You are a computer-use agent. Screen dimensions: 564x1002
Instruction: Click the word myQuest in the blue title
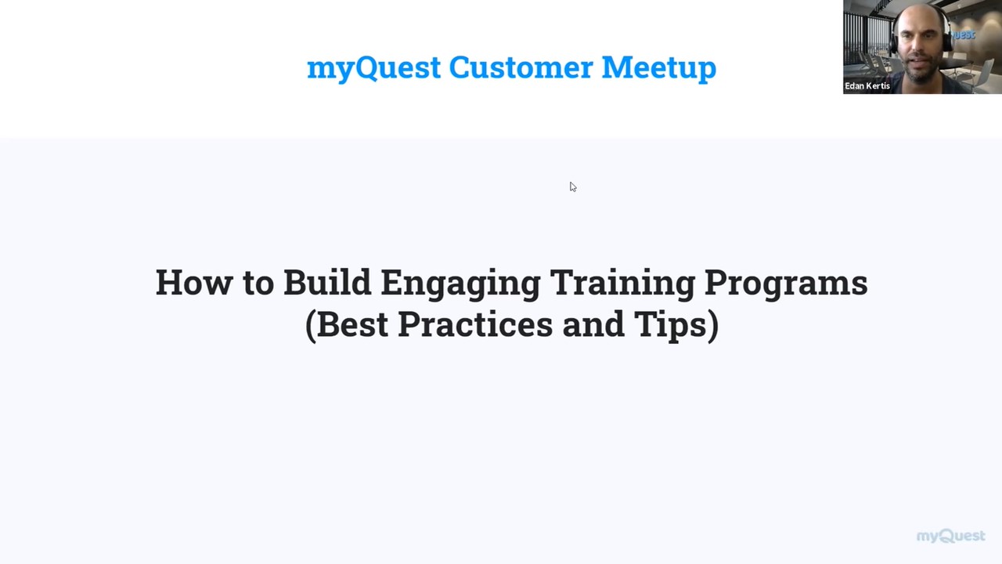[x=373, y=68]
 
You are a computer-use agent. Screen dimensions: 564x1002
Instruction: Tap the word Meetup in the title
[x=658, y=68]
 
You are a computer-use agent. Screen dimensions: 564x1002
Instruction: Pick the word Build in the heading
[x=326, y=283]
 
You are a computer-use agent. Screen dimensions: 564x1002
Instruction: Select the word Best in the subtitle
[x=352, y=324]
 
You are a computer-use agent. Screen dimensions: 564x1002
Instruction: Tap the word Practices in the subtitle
[x=475, y=324]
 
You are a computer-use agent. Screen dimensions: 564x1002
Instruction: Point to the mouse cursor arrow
[x=572, y=186]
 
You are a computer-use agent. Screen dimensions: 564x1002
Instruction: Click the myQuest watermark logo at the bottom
[x=950, y=536]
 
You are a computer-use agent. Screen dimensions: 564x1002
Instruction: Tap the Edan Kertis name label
[x=867, y=86]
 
